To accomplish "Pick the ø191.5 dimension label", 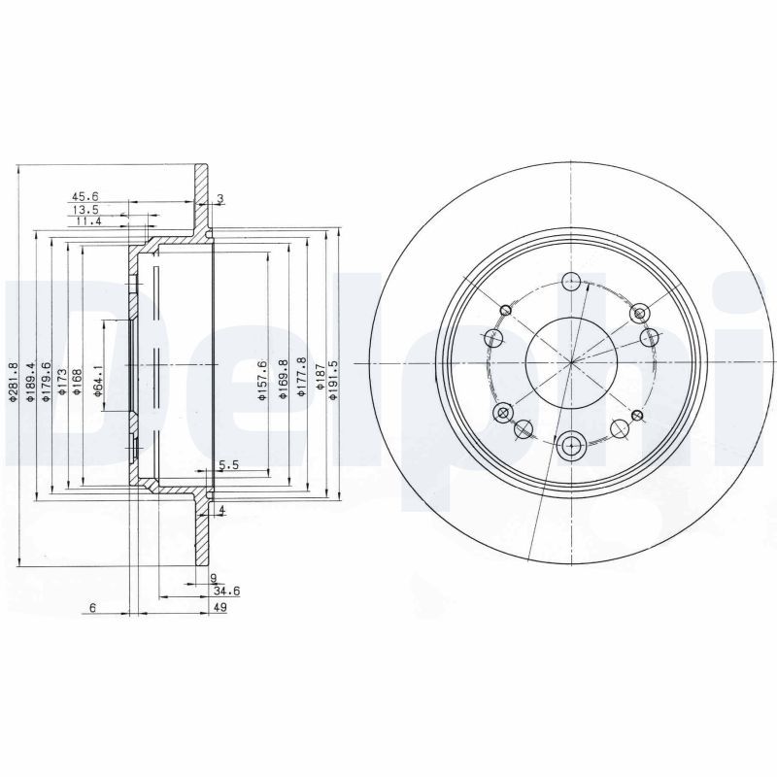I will click(333, 378).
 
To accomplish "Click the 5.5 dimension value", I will click(229, 466).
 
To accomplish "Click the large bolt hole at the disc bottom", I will click(571, 447).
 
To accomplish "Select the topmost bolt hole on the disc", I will click(571, 282).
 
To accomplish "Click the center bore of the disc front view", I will click(572, 363).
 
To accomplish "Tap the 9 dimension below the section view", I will click(213, 578).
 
